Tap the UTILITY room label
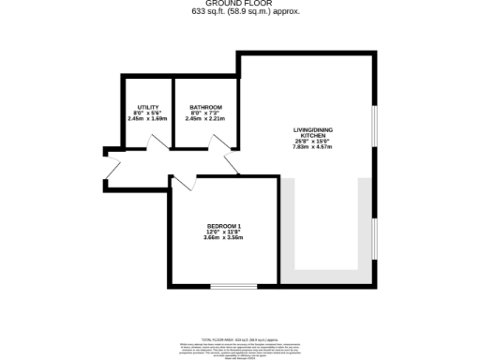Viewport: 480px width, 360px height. (148, 107)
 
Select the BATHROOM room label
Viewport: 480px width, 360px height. (204, 107)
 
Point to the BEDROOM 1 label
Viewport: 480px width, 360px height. (224, 226)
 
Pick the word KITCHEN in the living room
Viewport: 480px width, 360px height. (312, 137)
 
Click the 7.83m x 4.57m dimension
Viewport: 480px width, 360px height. (312, 148)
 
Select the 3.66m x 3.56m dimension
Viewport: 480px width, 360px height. (224, 238)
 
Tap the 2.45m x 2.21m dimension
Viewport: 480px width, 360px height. (204, 119)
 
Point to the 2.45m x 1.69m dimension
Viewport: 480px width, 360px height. (148, 119)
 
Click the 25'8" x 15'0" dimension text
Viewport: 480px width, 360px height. (312, 142)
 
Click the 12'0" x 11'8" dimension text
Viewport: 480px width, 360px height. (224, 232)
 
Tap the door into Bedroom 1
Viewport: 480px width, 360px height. (184, 183)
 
